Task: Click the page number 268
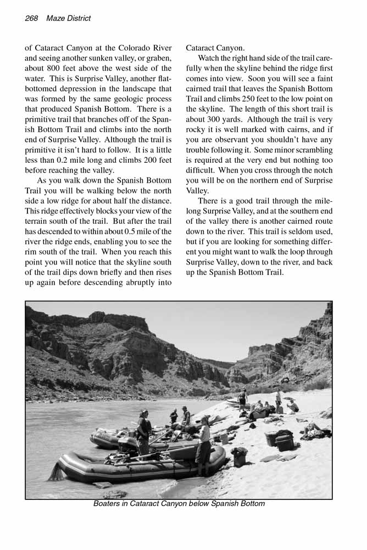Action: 31,18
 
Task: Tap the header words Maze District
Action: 69,18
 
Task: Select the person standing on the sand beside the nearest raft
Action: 204,446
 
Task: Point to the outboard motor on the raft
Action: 128,446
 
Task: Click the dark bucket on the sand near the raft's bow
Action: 239,456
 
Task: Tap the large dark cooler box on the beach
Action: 280,439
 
